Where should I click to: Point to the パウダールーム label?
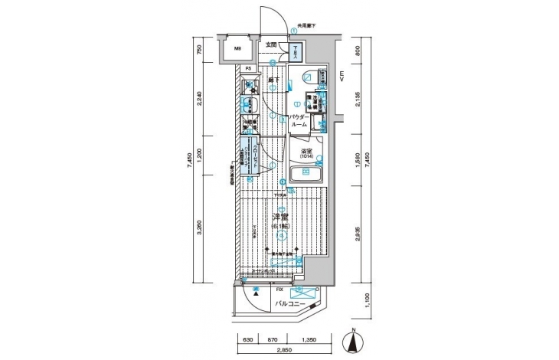tap(299, 120)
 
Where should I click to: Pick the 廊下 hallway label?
tap(273, 80)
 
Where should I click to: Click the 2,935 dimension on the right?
tap(358, 233)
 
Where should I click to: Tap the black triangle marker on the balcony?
tap(258, 292)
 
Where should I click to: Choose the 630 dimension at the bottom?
tap(248, 338)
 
